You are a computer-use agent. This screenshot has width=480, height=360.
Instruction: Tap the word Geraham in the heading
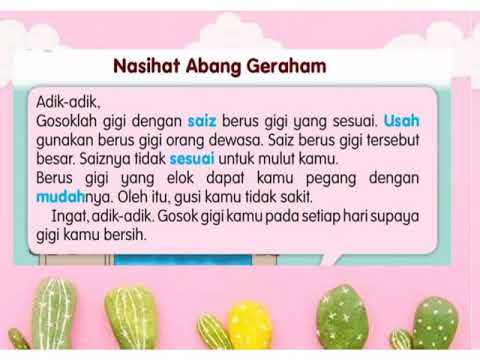click(x=282, y=67)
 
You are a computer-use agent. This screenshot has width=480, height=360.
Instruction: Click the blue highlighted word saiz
click(x=208, y=121)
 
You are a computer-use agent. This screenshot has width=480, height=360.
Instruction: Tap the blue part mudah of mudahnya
click(x=61, y=196)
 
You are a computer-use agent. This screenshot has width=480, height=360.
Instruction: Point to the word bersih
click(x=124, y=235)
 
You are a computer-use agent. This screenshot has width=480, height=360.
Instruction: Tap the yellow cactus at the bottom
click(x=250, y=326)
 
